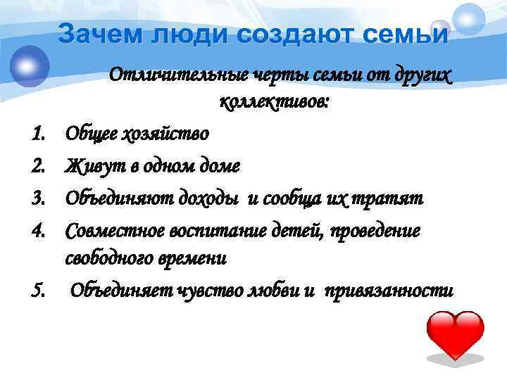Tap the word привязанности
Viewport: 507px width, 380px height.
click(x=389, y=291)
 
